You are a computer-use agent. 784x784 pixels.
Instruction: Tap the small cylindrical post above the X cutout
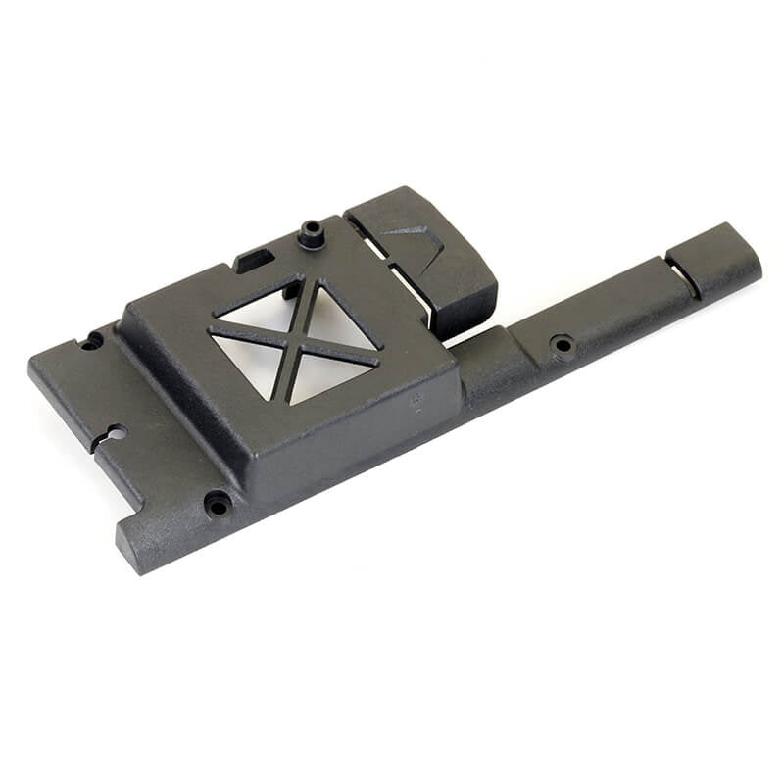(312, 234)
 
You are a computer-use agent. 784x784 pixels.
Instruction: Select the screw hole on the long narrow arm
(563, 345)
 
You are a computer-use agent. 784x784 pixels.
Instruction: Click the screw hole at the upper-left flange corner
(92, 341)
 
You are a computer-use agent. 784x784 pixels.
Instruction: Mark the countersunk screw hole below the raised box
(217, 505)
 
